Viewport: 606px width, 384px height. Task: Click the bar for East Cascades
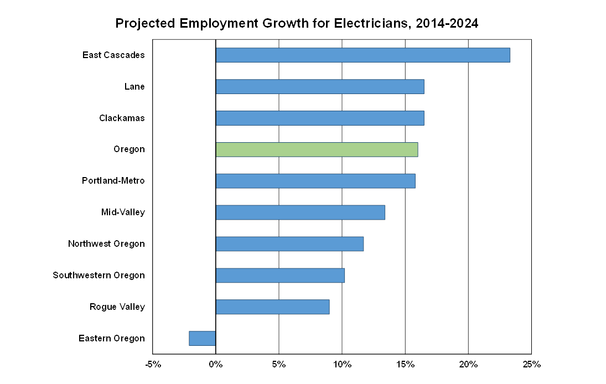[362, 55]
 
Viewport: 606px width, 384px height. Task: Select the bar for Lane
[320, 87]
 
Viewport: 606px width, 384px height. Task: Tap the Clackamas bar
[320, 118]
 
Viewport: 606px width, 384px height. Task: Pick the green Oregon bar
[317, 150]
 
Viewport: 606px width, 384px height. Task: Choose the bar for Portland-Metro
[315, 181]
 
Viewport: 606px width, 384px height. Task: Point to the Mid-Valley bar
[300, 212]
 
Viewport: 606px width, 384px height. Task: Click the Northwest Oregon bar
[289, 244]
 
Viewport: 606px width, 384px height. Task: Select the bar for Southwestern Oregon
[280, 276]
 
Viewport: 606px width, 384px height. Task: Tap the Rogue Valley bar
[272, 307]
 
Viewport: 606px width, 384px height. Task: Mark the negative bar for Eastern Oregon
[203, 338]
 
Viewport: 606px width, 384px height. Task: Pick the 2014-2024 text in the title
[447, 24]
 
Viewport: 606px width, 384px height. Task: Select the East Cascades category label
[113, 55]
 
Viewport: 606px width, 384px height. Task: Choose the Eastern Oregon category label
[111, 339]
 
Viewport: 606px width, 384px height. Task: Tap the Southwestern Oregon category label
[99, 276]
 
